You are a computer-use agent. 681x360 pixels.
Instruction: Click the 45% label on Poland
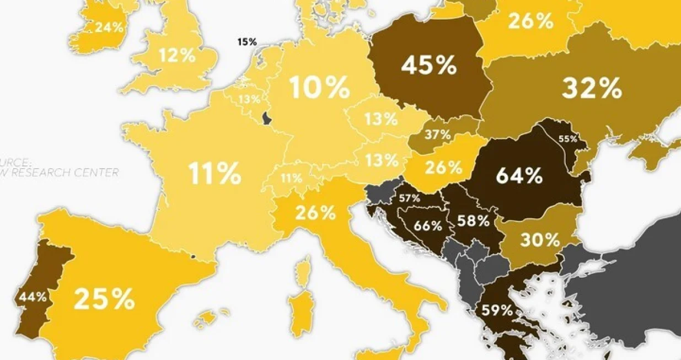[x=428, y=66]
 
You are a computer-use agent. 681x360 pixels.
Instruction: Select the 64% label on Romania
[x=519, y=176]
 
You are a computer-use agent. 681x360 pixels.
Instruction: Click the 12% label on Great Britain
[x=178, y=55]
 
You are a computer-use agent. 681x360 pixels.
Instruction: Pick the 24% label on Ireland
[x=109, y=27]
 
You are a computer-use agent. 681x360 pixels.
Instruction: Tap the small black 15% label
[x=247, y=41]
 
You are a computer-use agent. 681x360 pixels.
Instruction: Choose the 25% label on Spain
[x=104, y=299]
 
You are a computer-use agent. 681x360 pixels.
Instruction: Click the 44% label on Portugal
[x=33, y=297]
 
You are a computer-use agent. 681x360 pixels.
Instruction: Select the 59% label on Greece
[x=497, y=310]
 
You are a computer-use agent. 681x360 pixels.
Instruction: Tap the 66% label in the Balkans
[x=428, y=225]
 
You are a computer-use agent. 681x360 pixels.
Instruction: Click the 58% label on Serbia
[x=473, y=221]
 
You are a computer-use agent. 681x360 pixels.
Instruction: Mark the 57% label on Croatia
[x=409, y=198]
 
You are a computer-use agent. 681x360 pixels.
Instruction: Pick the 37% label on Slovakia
[x=438, y=135]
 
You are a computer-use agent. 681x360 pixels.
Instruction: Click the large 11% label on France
[x=215, y=173]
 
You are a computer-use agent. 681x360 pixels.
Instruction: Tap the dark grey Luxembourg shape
[x=267, y=118]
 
